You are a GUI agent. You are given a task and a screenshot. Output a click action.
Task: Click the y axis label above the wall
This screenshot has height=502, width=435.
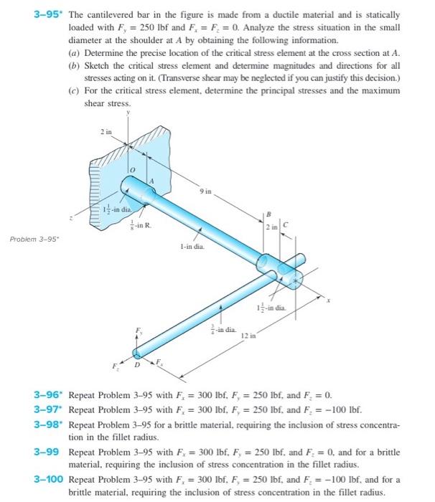click(x=128, y=112)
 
